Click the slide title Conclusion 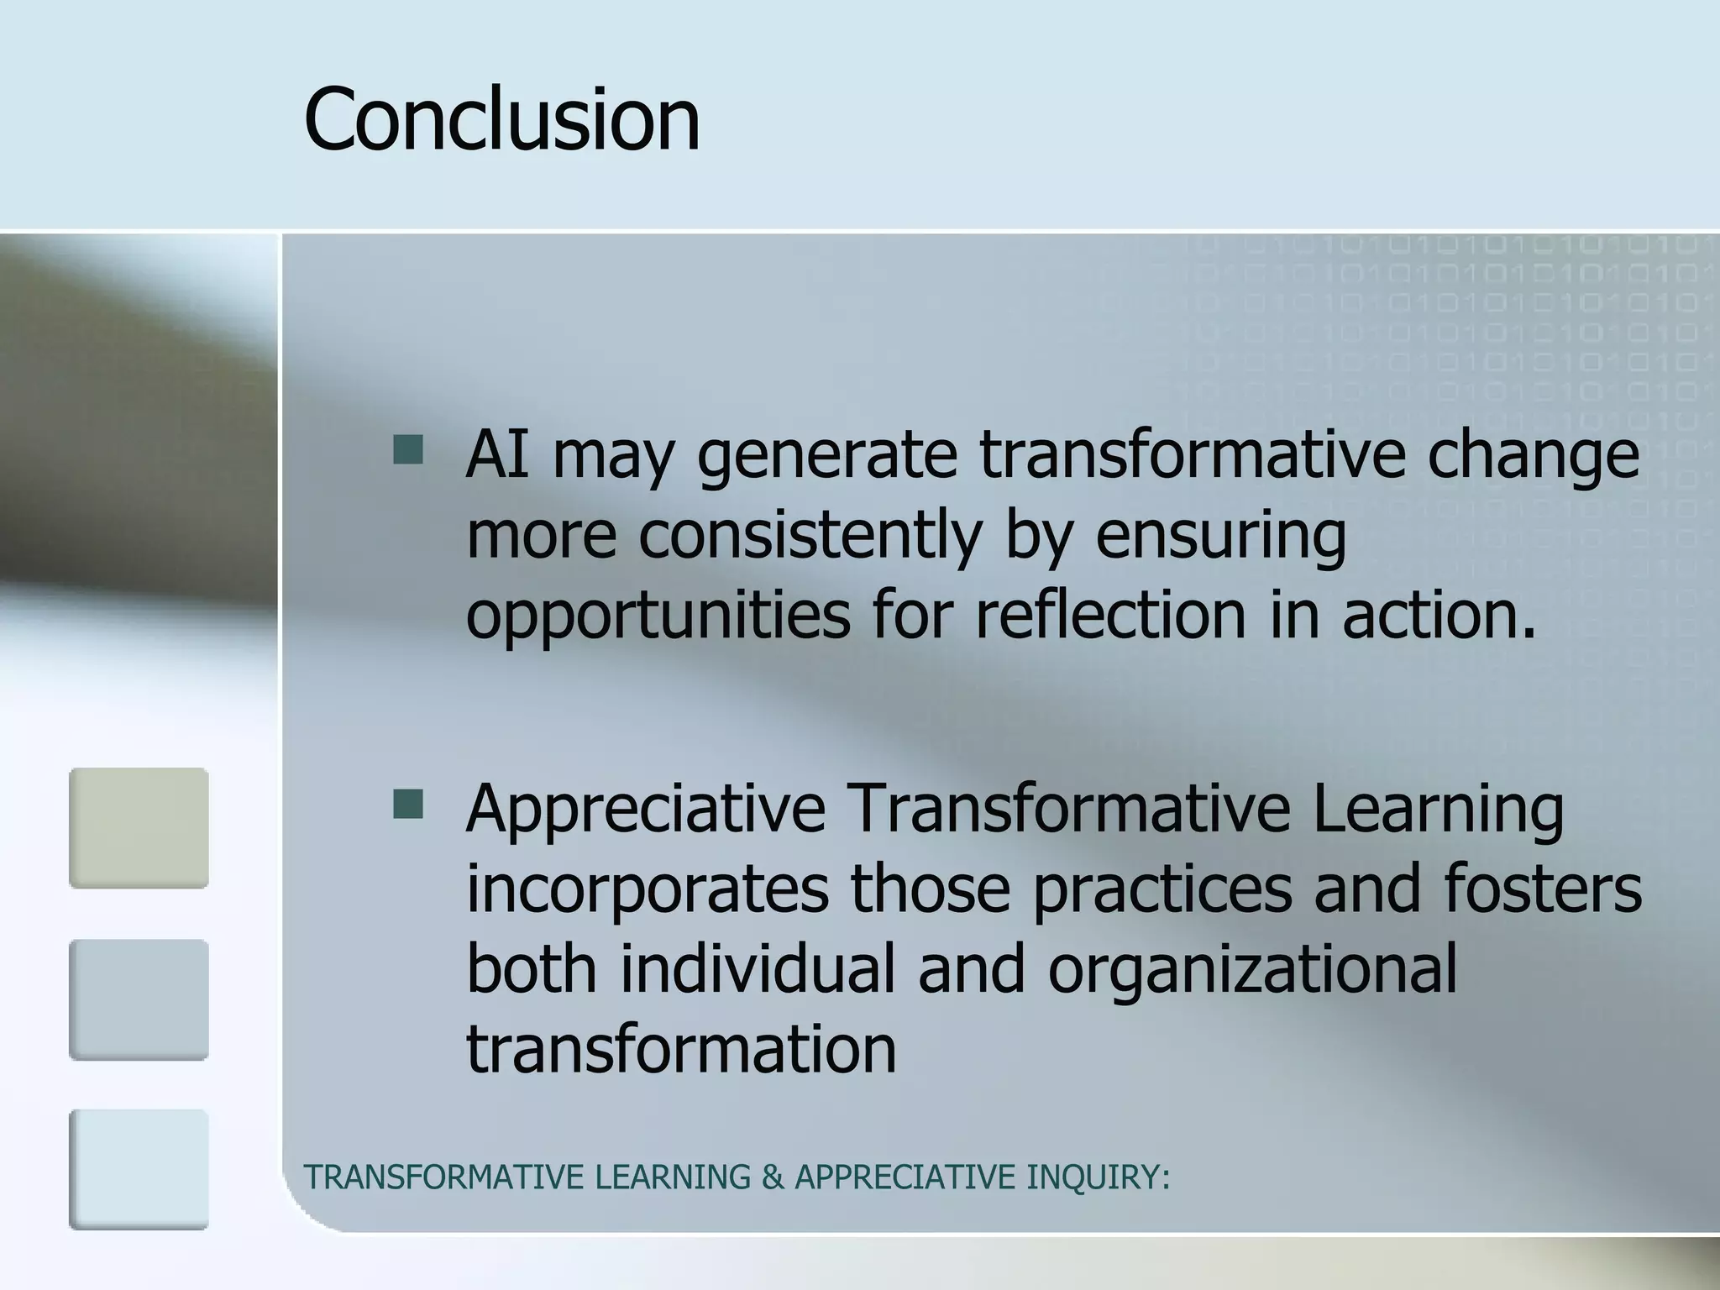click(x=501, y=119)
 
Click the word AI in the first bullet click(x=497, y=454)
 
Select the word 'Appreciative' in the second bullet click(x=646, y=811)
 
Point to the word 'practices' click(x=1162, y=890)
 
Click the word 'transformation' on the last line click(x=681, y=1049)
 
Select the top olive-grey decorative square click(x=139, y=828)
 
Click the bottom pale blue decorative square click(x=139, y=1170)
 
